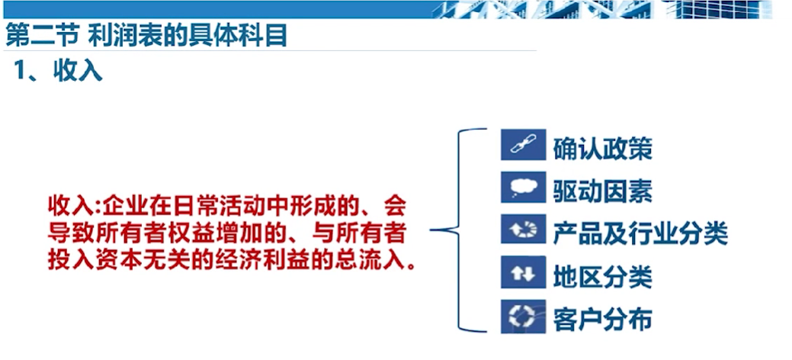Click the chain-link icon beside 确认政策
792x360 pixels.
click(x=523, y=145)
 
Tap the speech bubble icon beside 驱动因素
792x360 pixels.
click(x=523, y=187)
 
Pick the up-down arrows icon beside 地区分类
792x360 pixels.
click(x=523, y=272)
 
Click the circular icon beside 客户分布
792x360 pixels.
click(x=523, y=317)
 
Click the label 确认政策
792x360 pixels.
click(x=603, y=149)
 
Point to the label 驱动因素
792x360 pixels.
click(x=603, y=191)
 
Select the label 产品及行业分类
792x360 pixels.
click(x=640, y=233)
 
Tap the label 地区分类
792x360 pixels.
click(x=603, y=277)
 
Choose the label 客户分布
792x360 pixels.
click(x=603, y=320)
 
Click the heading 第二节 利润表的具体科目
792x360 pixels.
click(x=146, y=35)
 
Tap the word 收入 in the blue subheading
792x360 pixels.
click(x=79, y=72)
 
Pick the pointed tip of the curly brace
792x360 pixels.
click(x=431, y=230)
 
